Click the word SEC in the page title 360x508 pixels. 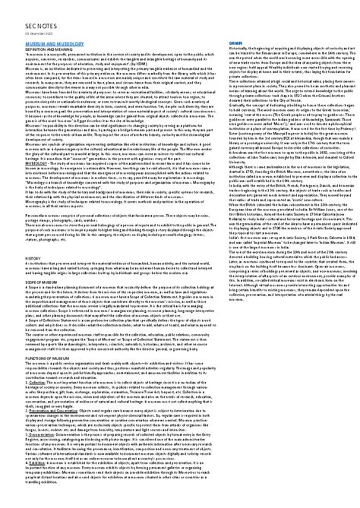11,22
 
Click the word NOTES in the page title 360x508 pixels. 29,22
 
